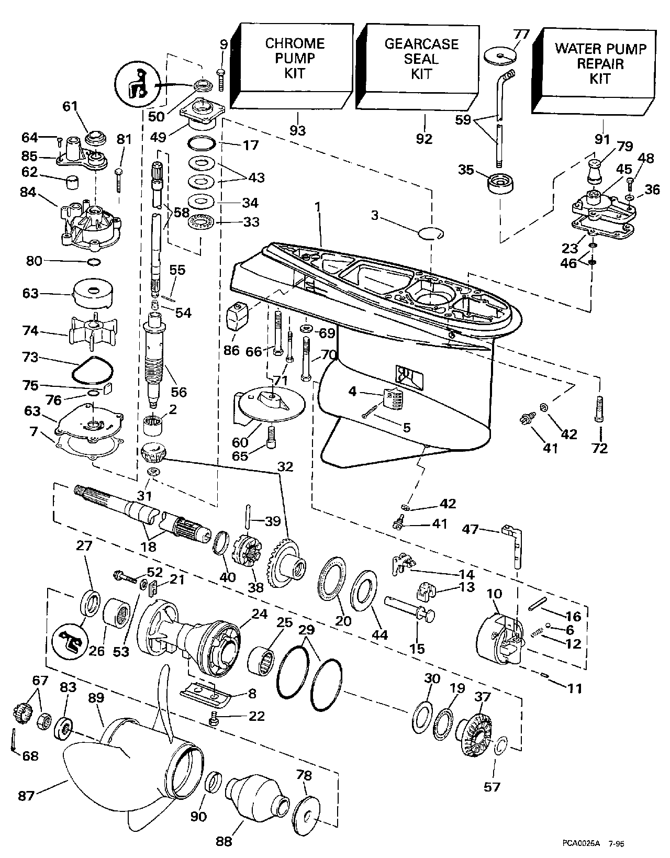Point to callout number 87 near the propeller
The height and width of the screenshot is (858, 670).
tap(26, 796)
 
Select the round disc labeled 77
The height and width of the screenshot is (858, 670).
tap(500, 55)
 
